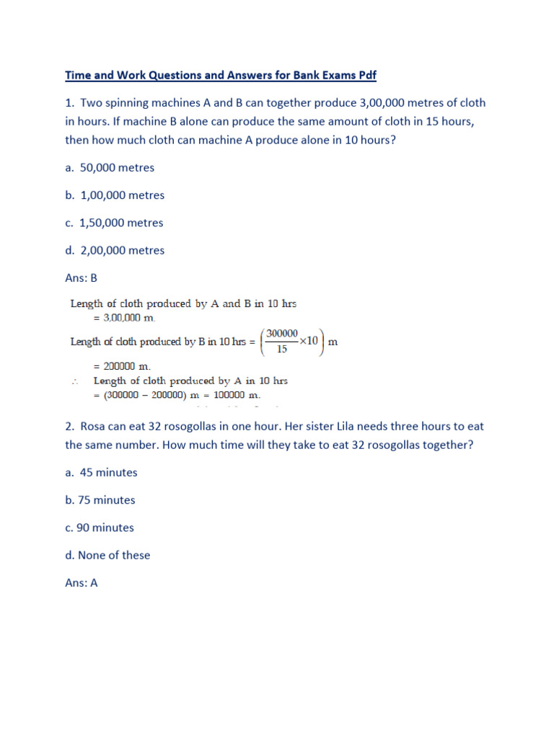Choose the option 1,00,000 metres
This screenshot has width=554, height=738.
point(122,195)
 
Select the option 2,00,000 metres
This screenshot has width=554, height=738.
point(122,250)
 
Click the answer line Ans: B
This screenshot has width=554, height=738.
point(81,277)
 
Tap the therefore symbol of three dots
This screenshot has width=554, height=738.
point(75,381)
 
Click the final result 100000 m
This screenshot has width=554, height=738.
point(234,395)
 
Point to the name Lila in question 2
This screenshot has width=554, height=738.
point(351,426)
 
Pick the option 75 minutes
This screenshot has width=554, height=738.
point(107,500)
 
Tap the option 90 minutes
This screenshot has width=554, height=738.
point(106,528)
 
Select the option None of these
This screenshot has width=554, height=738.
point(115,555)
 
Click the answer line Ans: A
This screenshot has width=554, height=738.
point(81,582)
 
